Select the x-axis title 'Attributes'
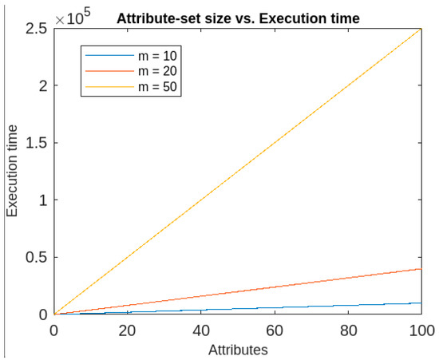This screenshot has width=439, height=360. pos(238,350)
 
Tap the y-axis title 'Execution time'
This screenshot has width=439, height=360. pos(13,171)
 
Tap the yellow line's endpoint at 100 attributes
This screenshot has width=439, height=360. pos(421,30)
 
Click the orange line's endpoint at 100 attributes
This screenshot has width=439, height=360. pos(421,269)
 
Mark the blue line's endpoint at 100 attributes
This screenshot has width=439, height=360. pos(421,303)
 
